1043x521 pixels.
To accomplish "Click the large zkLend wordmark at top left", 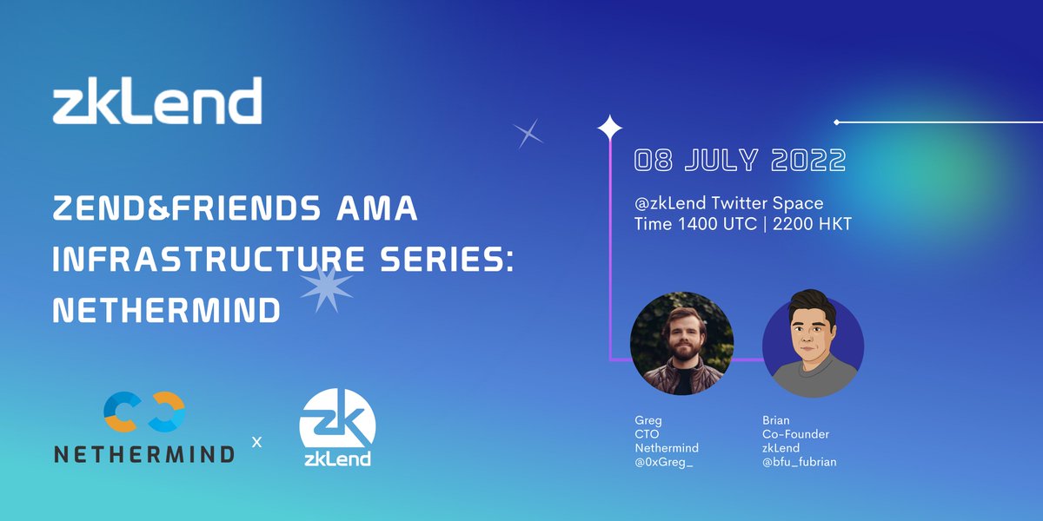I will point(157,102).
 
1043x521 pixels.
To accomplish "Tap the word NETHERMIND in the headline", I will point(166,310).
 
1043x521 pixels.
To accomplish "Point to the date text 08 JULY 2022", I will point(740,161).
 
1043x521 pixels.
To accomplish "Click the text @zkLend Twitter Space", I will point(728,203).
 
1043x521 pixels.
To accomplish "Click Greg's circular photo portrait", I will point(681,343).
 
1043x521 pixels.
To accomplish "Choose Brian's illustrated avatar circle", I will point(813,343).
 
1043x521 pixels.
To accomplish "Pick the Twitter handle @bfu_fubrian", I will point(799,462).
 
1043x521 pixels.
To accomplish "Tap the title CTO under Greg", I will point(645,434).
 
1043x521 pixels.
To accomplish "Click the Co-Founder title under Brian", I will point(795,434).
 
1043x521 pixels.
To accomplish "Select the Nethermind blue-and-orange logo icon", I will point(143,412).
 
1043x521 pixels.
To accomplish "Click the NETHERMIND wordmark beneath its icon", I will point(143,453).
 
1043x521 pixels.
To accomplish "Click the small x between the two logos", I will point(256,442).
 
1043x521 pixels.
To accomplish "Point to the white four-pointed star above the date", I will point(609,129).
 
